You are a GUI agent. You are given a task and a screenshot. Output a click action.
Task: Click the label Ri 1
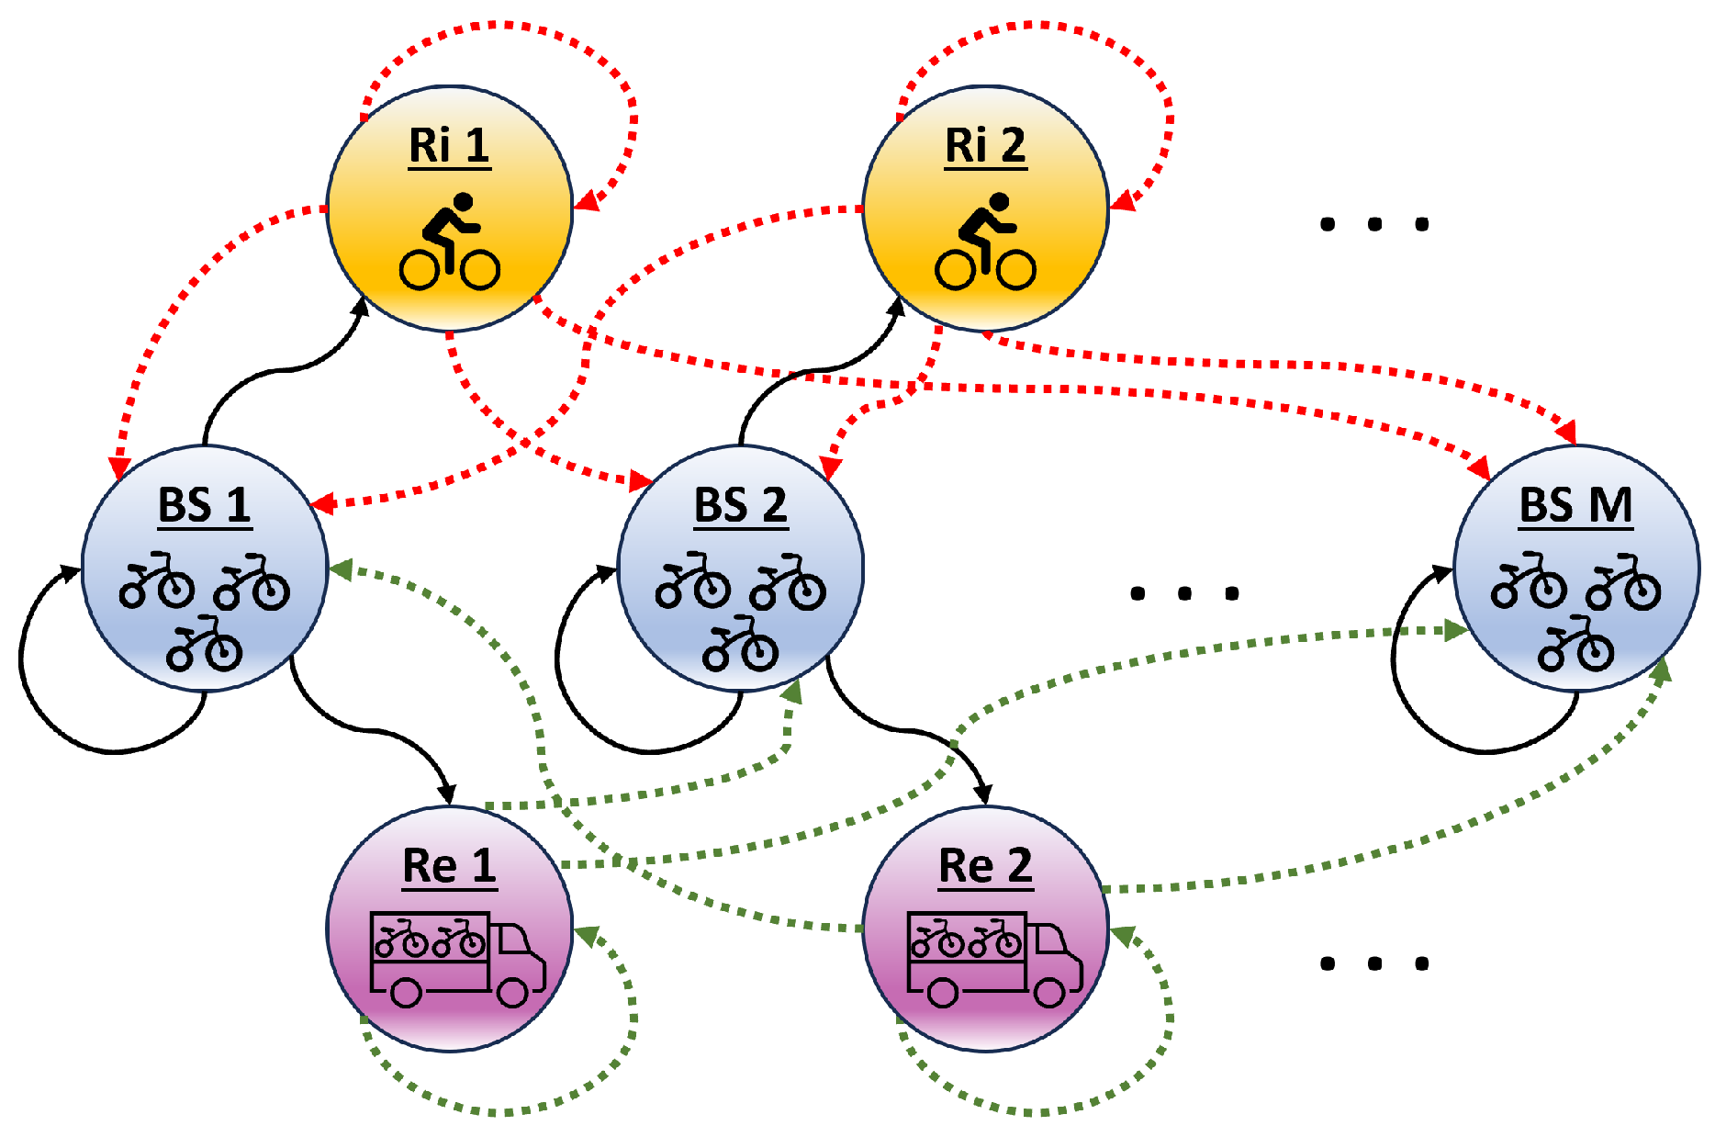[x=449, y=146]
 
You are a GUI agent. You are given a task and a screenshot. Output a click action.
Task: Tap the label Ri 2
[x=985, y=146]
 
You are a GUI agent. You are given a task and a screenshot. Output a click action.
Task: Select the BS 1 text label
[x=204, y=505]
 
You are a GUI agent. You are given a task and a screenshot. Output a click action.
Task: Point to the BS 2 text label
[x=740, y=505]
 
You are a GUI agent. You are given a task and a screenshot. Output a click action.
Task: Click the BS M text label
[x=1575, y=505]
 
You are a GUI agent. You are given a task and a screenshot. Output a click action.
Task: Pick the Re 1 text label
[x=449, y=866]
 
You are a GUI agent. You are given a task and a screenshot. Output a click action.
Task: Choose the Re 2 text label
[x=985, y=866]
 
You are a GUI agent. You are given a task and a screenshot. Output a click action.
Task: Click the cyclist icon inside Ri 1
[x=449, y=242]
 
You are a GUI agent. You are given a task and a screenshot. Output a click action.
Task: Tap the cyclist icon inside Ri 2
[x=985, y=242]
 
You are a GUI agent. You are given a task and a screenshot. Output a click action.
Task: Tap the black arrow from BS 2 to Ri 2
[x=808, y=371]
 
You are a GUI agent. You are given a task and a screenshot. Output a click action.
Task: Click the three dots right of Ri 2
[x=1373, y=224]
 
